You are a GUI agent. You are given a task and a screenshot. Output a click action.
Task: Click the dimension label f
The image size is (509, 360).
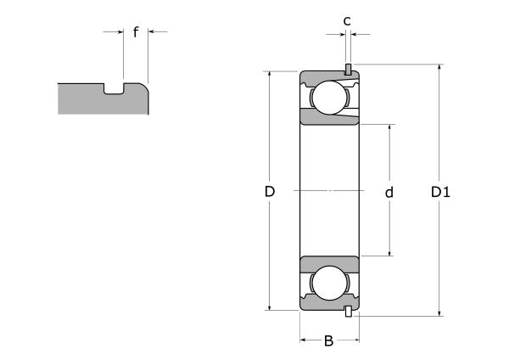coord(136,33)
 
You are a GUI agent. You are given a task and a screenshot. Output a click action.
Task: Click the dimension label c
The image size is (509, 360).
coord(347,20)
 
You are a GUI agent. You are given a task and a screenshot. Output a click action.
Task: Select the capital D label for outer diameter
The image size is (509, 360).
coord(270,193)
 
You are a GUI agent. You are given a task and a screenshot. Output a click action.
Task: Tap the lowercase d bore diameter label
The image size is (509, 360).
coord(389,193)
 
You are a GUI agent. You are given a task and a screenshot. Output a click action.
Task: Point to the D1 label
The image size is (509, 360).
coord(440,193)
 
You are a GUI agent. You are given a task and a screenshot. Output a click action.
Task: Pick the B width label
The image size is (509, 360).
coord(328,342)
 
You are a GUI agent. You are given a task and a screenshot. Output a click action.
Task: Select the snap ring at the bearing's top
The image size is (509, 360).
coord(348,70)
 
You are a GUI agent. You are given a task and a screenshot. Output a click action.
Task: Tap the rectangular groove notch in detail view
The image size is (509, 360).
coord(114,88)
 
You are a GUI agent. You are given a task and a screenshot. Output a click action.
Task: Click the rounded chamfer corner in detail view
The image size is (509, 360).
coord(147,86)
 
